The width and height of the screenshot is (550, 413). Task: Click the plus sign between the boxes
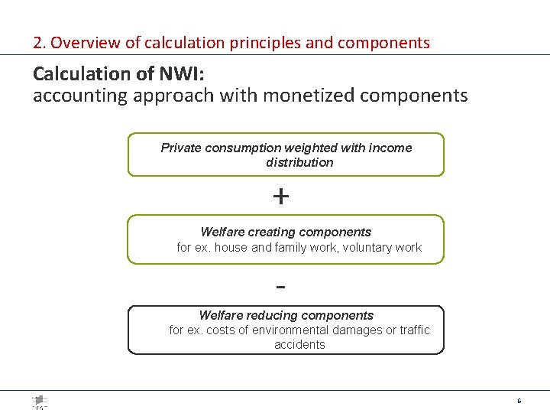[280, 197]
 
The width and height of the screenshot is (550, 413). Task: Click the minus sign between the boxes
[280, 288]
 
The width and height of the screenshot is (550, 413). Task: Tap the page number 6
[519, 401]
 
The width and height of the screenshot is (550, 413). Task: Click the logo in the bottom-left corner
[40, 402]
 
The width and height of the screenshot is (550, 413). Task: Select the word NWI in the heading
[176, 74]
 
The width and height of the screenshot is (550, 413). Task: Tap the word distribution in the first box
[299, 162]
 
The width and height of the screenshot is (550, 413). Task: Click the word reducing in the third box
[267, 315]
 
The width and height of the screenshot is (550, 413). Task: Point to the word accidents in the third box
[299, 344]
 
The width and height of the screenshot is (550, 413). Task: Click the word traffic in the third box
[414, 330]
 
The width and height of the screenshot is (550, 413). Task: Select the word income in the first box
[389, 148]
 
